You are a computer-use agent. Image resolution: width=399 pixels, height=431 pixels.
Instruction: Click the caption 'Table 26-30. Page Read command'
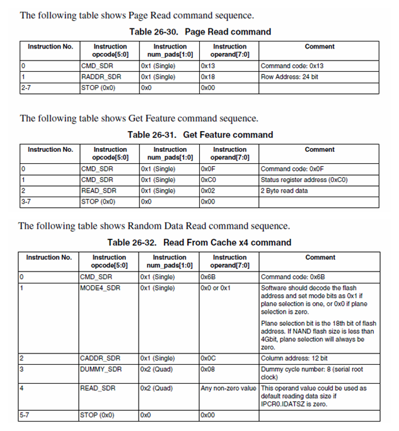(x=200, y=32)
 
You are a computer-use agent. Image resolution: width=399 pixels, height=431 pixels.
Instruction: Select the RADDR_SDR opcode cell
(x=100, y=77)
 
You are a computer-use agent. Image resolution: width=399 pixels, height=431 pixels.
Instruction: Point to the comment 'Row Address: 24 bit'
(x=289, y=77)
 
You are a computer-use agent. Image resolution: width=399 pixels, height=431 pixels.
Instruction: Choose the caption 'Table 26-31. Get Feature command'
(x=200, y=134)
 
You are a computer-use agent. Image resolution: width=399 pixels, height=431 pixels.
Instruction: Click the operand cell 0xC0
(x=208, y=180)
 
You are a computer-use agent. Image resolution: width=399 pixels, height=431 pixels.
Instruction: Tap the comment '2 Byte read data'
(x=284, y=191)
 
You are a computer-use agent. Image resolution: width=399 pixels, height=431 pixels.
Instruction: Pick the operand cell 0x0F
(x=208, y=169)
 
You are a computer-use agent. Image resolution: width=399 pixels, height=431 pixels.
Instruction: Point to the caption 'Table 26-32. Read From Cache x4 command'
(x=199, y=242)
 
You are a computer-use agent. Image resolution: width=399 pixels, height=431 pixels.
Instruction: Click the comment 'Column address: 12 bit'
(x=293, y=358)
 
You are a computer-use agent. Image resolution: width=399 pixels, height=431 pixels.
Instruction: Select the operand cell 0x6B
(x=208, y=277)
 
